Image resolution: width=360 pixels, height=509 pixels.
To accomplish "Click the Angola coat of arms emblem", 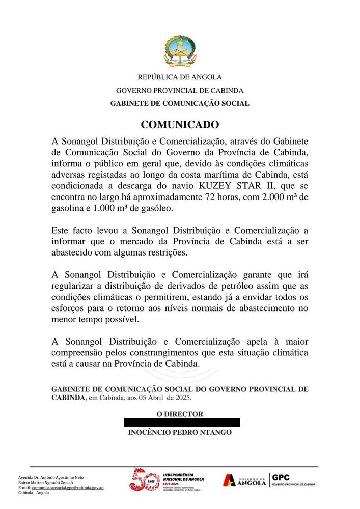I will (180, 52).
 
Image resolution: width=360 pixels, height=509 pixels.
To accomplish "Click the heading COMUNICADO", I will (180, 125).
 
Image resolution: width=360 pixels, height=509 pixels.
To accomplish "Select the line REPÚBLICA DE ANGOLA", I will (180, 77).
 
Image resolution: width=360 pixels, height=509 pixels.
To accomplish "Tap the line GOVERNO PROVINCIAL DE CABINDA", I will (180, 91).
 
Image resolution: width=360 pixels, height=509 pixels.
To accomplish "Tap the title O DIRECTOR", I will (180, 414).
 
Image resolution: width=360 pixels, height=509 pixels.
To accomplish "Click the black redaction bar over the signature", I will (182, 422).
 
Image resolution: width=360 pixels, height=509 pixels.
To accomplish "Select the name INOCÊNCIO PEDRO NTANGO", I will (180, 433).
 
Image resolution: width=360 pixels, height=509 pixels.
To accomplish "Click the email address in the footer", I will (68, 488).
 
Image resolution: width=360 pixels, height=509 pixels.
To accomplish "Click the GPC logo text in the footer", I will (281, 477).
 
